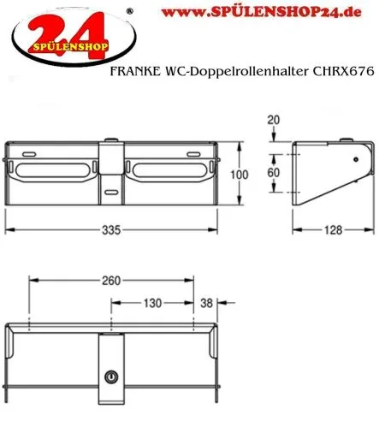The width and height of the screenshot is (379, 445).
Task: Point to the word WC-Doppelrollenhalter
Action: [237, 74]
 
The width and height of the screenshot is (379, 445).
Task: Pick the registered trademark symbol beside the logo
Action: [128, 11]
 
